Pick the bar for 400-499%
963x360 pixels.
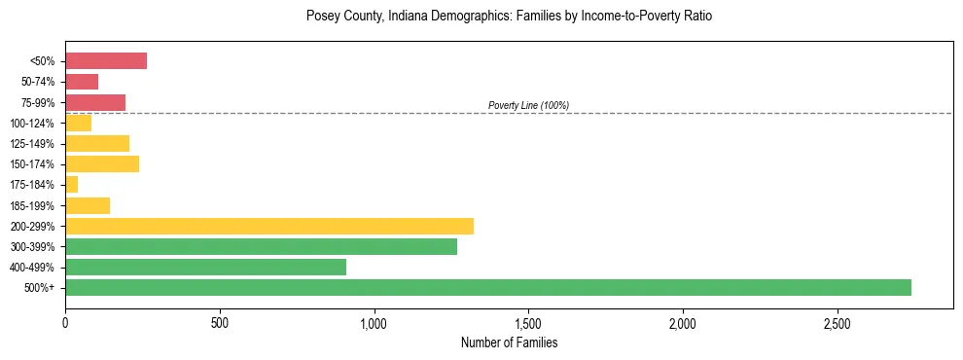205,267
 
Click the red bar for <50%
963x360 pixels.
106,61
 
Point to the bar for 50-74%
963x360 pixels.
82,82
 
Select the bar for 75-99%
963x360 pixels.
95,102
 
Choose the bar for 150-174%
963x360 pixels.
102,163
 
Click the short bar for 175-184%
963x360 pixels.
72,184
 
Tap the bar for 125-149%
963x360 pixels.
97,143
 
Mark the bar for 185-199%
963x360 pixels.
88,205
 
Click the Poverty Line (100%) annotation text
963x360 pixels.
528,105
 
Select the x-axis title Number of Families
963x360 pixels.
509,342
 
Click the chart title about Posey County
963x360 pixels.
509,17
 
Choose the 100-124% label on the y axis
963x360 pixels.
32,124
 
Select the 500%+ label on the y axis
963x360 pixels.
40,288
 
